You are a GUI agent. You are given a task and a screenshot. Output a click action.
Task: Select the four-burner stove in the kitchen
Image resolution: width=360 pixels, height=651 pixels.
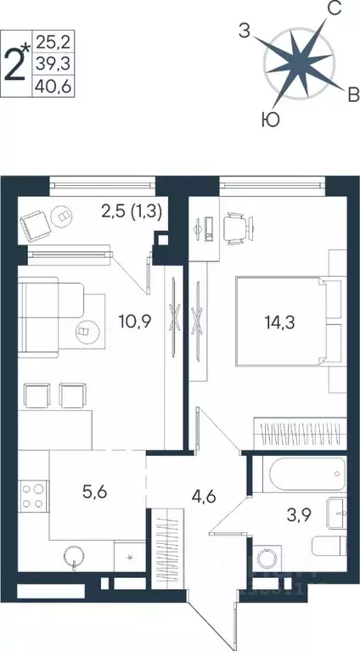tap(31, 495)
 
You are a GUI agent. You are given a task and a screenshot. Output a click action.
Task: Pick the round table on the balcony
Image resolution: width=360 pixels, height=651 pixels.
tap(65, 217)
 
